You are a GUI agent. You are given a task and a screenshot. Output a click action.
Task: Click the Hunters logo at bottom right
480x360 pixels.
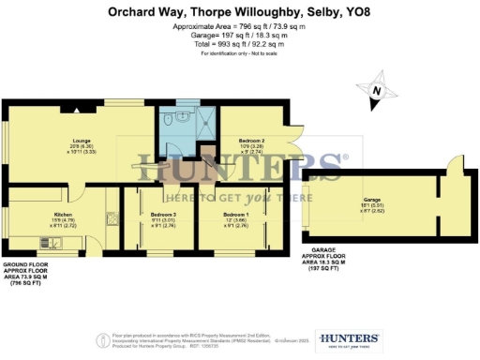pyautogui.click(x=349, y=339)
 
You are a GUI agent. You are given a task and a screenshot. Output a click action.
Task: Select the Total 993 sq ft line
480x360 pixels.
pyautogui.click(x=240, y=44)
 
